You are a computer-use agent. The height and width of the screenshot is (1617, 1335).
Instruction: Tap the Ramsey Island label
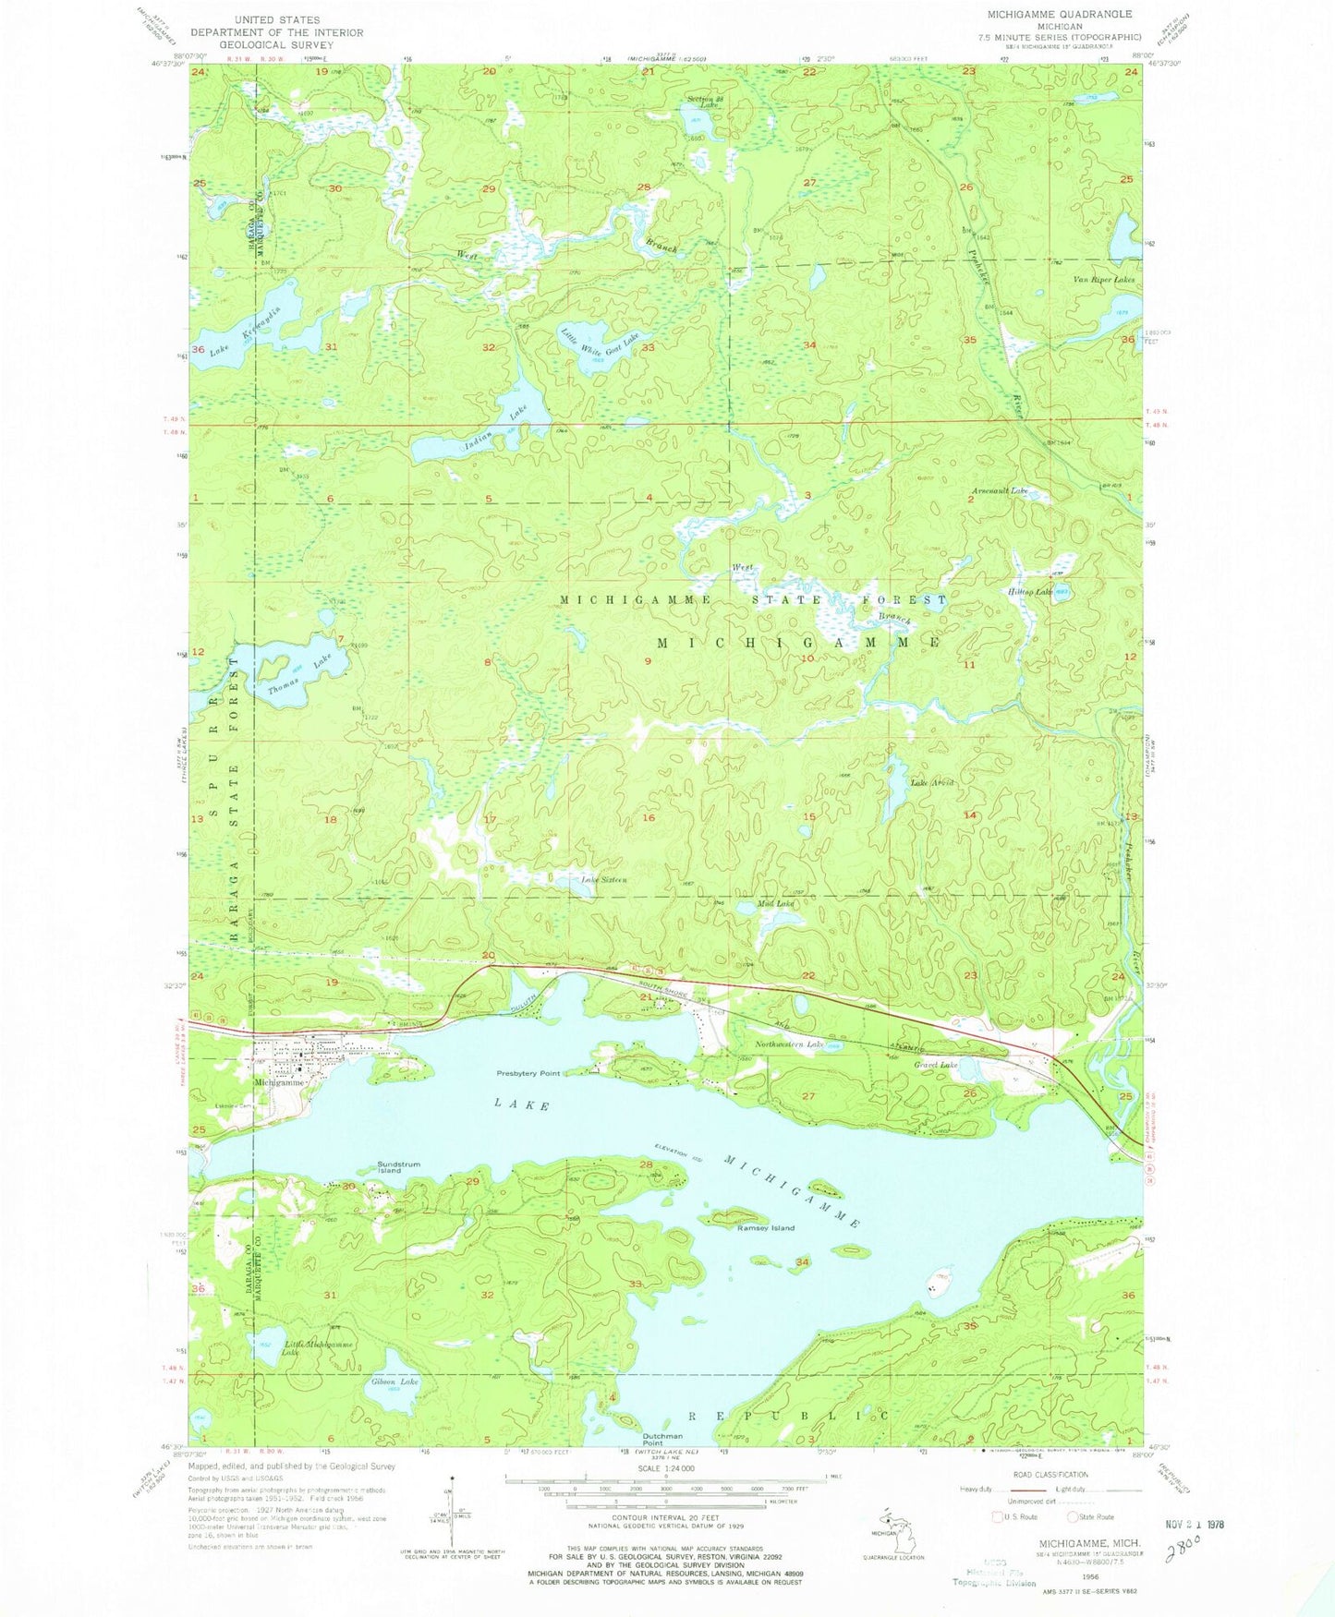tap(765, 1228)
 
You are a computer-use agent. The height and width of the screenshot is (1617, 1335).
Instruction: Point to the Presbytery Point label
tap(528, 1074)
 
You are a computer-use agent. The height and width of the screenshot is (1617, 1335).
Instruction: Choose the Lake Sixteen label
tap(604, 880)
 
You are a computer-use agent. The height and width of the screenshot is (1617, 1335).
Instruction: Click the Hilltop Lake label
tap(1029, 592)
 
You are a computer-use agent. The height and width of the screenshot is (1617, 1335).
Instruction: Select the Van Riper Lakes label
tap(1103, 279)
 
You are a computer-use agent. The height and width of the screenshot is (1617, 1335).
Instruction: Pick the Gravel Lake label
tap(936, 1065)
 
